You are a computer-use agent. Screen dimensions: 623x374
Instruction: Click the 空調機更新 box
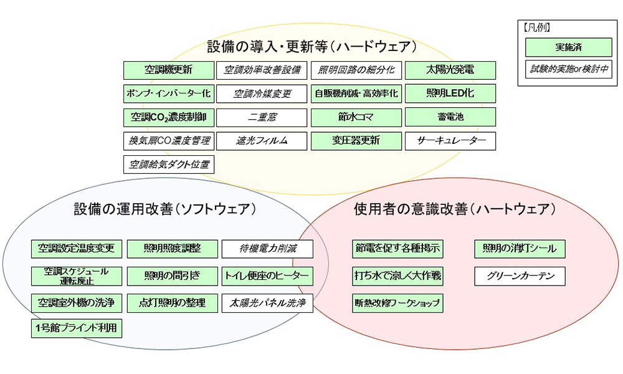169,70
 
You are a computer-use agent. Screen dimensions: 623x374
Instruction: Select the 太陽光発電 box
450,70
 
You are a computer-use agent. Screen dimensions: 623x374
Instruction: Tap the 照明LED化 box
450,93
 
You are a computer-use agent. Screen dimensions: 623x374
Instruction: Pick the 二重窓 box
262,117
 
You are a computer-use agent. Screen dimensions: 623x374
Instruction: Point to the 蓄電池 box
450,117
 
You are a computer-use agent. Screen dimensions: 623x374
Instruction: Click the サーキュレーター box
450,141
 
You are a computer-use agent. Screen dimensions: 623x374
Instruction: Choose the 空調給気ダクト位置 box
169,165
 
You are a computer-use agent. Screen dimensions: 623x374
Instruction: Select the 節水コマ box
356,117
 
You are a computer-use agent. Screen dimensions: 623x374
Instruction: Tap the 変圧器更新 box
356,141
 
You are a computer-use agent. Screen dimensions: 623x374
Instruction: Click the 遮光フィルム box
262,141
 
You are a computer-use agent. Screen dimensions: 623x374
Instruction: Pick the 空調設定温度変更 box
77,249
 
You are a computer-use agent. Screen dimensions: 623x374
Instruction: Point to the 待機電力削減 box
267,249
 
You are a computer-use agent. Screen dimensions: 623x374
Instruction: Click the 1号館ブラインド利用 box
77,328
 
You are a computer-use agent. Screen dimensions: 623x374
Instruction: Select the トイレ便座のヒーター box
267,276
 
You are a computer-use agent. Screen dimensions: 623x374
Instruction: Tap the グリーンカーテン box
520,276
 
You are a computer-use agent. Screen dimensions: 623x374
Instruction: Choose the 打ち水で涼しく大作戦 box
397,276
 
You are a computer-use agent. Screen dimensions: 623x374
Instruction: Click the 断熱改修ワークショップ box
397,304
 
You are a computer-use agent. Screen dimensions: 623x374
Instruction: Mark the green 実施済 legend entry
569,47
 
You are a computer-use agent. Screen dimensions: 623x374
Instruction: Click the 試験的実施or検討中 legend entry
569,69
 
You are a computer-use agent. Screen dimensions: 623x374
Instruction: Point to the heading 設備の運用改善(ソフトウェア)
165,209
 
